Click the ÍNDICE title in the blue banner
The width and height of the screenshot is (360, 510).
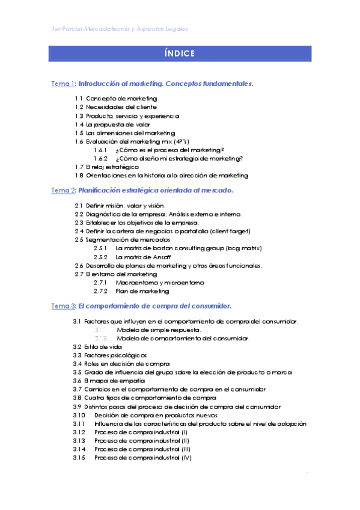click(x=180, y=54)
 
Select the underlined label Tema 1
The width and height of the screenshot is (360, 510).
click(x=63, y=84)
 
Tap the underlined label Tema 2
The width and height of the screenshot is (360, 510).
click(x=63, y=191)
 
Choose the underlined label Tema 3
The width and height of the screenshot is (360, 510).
click(x=63, y=306)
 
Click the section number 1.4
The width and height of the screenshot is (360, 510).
click(x=79, y=124)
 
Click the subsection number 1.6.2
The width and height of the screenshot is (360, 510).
click(x=100, y=158)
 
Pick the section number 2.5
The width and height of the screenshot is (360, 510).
click(x=78, y=239)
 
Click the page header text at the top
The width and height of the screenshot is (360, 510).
click(x=120, y=28)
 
